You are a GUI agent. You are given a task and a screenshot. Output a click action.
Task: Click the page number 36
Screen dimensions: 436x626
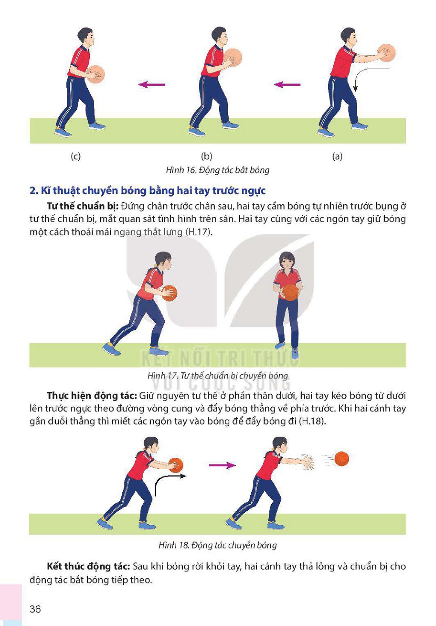[x=35, y=608]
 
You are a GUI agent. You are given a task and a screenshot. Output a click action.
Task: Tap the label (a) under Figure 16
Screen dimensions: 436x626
[x=337, y=156]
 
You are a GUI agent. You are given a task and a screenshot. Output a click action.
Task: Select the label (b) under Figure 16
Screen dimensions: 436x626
[x=207, y=156]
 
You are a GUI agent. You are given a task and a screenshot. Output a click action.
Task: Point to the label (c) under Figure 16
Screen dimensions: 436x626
[x=75, y=156]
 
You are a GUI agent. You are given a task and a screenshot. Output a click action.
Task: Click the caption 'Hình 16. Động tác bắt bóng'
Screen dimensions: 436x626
[x=218, y=170]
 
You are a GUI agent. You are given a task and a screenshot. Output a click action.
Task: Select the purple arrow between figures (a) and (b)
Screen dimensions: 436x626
[x=287, y=84]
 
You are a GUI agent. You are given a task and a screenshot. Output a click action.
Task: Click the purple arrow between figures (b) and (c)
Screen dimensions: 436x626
[x=152, y=84]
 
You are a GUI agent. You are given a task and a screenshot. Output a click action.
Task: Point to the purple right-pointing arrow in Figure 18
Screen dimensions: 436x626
[x=223, y=465]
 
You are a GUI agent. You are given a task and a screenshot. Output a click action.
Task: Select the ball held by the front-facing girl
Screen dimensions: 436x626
[x=290, y=293]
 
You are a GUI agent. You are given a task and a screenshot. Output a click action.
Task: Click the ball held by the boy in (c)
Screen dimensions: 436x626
[x=95, y=75]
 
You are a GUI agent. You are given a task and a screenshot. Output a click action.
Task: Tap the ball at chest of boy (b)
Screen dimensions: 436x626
[x=232, y=57]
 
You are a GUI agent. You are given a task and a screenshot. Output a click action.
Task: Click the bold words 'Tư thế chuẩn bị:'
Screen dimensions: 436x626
[x=83, y=207]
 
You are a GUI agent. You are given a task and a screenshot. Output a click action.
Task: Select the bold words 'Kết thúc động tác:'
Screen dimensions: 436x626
[x=88, y=566]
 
